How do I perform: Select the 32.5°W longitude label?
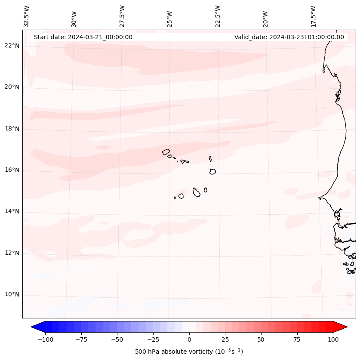[x=27, y=16]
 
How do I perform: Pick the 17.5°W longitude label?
[x=313, y=16]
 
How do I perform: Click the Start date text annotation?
[x=83, y=37]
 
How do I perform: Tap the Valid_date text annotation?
[x=289, y=37]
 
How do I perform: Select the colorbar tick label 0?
[x=189, y=340]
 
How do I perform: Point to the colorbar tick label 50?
[x=261, y=340]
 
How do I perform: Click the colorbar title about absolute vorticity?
[x=189, y=352]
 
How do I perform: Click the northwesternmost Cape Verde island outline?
[x=166, y=152]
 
